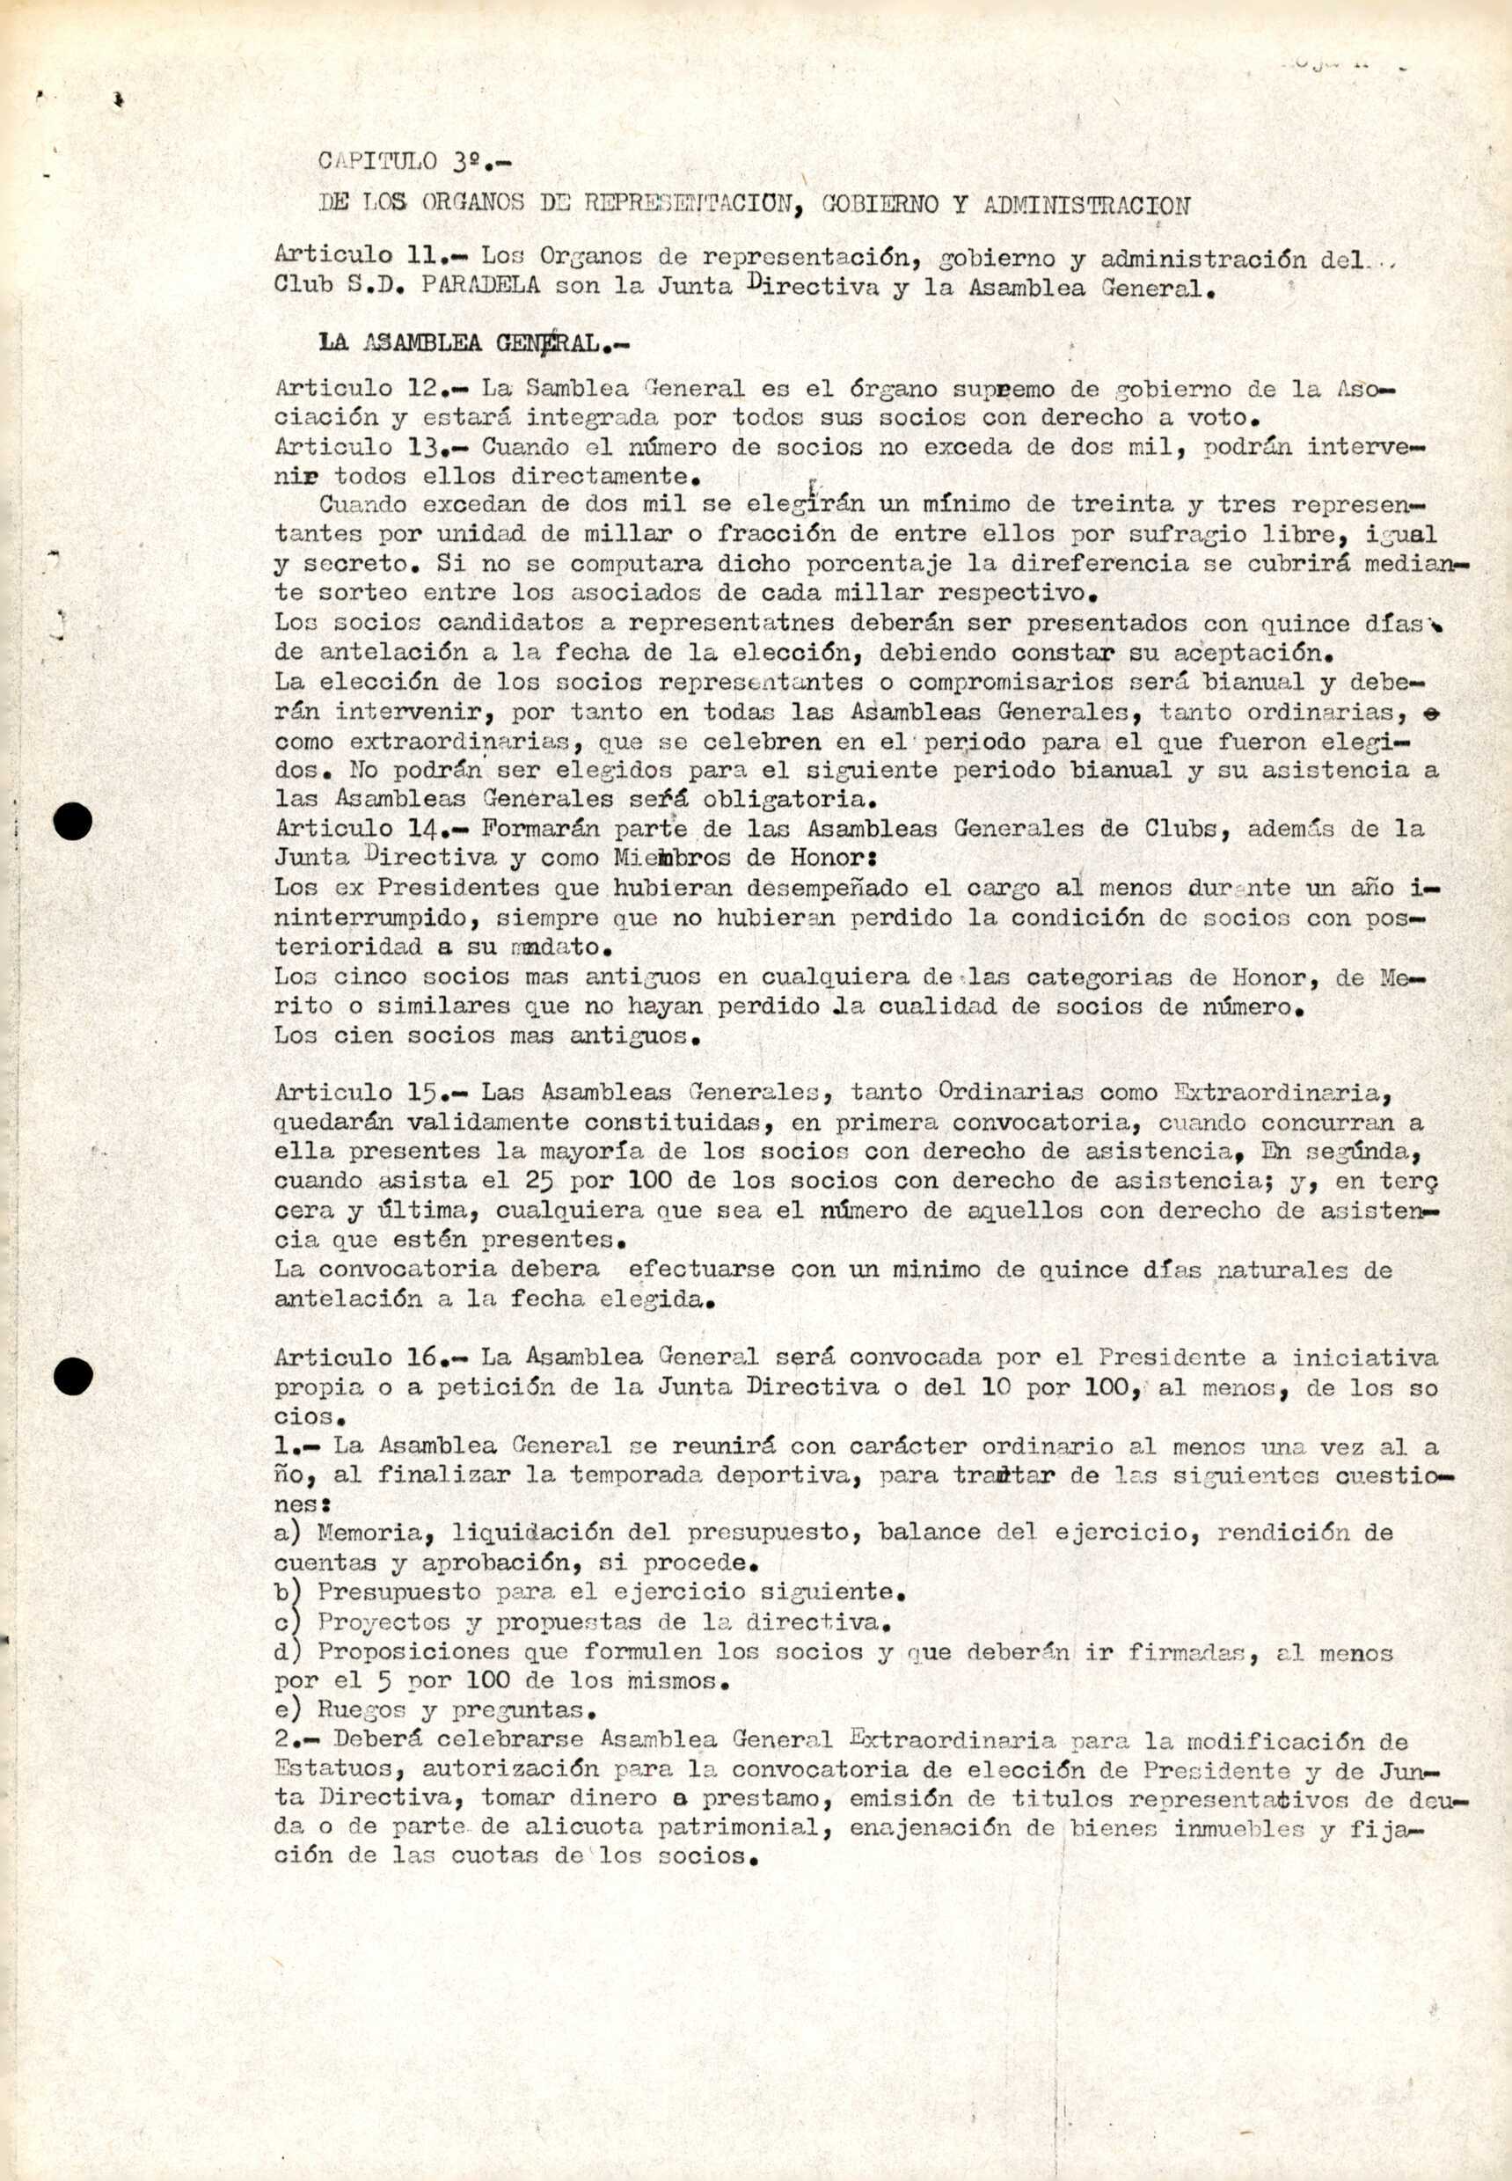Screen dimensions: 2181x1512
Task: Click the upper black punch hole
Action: tap(73, 821)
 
